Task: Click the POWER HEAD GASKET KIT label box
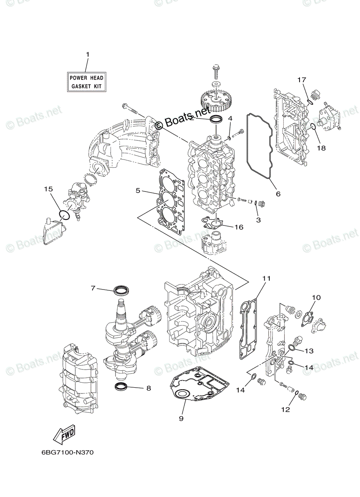pos(86,82)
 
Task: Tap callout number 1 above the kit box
pos(87,55)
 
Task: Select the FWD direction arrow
pos(64,433)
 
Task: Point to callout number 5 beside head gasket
pos(138,191)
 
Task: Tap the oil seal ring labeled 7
pos(121,290)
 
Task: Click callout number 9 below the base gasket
pos(181,418)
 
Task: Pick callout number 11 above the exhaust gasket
pos(266,278)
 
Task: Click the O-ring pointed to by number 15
pos(63,215)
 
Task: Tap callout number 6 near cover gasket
pos(278,193)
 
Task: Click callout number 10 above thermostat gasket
pos(316,297)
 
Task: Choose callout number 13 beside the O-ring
pos(309,351)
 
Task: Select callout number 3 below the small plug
pos(258,220)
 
